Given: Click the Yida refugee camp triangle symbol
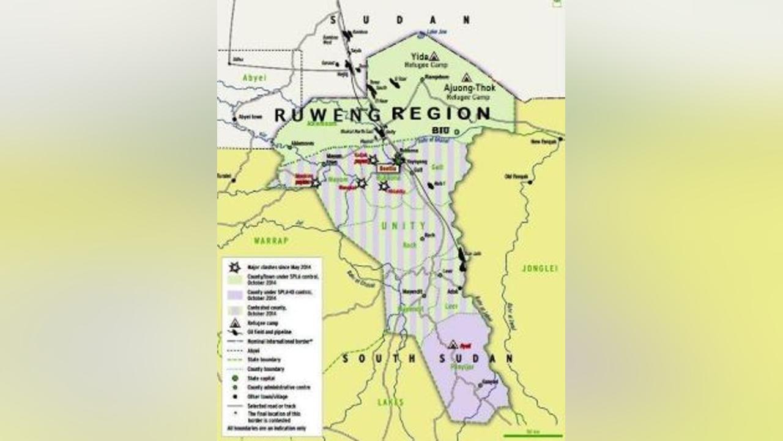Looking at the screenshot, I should (x=434, y=55).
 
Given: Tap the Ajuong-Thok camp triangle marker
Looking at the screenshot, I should (x=466, y=78).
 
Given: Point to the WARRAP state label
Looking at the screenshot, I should (x=271, y=241).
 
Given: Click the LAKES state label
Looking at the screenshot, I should (x=391, y=402).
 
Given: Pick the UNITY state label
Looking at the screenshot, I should (x=403, y=226).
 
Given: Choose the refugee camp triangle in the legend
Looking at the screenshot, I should (x=234, y=322).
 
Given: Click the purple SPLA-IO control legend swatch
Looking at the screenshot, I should (x=234, y=295).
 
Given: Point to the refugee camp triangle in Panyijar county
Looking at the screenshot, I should (x=453, y=345).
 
